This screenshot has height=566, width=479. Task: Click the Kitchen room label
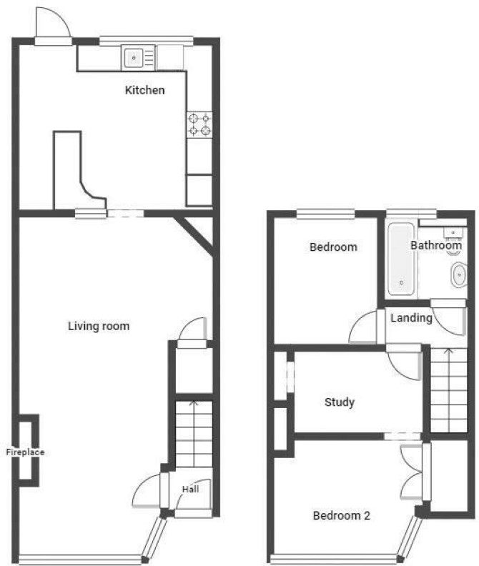[144, 90]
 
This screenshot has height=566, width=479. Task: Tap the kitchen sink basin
[134, 58]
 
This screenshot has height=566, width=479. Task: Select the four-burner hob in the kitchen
[199, 124]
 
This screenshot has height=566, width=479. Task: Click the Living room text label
[99, 326]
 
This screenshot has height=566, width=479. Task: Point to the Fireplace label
[25, 452]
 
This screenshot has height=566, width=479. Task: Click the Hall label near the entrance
[190, 489]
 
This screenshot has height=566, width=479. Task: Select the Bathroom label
[436, 245]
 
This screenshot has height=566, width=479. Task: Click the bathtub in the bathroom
[401, 259]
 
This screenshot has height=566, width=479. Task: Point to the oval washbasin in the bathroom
[459, 275]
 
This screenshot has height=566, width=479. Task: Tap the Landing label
[411, 318]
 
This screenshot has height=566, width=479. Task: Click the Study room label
[339, 402]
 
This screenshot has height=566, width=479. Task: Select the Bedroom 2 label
[341, 515]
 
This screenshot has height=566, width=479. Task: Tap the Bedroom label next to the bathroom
[333, 247]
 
